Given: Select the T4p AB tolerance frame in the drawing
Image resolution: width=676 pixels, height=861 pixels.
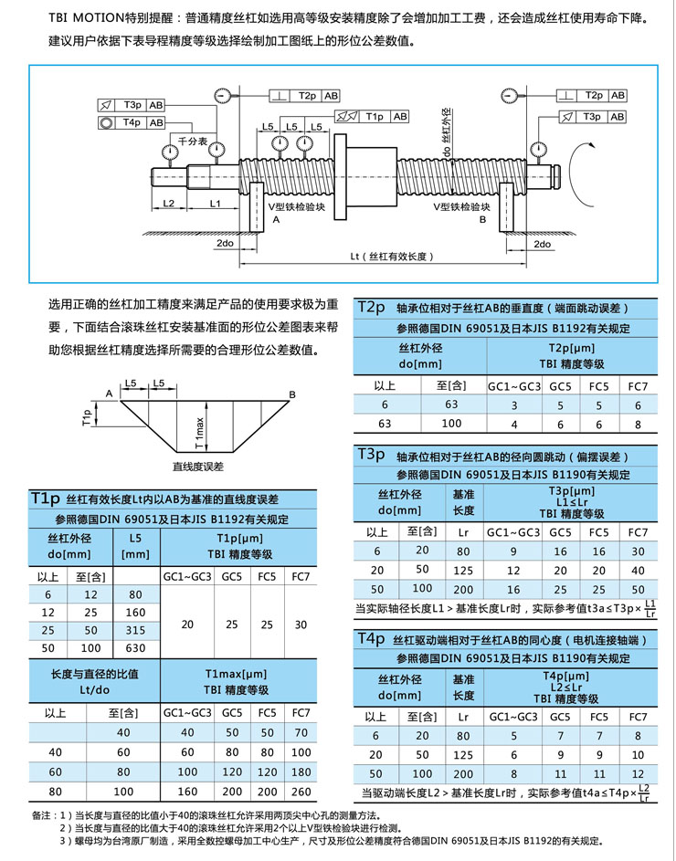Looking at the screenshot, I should tap(132, 122).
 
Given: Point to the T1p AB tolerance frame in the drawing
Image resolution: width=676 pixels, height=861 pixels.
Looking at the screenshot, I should tap(374, 117).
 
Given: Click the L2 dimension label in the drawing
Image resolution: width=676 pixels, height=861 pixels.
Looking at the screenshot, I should tap(169, 203).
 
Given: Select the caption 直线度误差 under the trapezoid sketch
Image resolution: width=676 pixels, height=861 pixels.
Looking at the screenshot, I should tap(198, 467).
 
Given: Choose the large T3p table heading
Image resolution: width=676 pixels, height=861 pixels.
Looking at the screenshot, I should tap(373, 454).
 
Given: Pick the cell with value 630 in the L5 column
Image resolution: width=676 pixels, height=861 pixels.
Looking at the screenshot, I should tap(135, 647).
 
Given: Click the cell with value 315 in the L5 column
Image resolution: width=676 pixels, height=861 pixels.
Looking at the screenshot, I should tap(135, 630).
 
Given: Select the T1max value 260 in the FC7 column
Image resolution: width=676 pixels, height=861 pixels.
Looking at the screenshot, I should tap(301, 792).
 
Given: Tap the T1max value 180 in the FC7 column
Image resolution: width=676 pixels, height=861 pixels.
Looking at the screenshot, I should tap(301, 772).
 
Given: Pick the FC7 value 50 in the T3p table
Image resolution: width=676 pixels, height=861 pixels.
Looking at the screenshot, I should tap(638, 590).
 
